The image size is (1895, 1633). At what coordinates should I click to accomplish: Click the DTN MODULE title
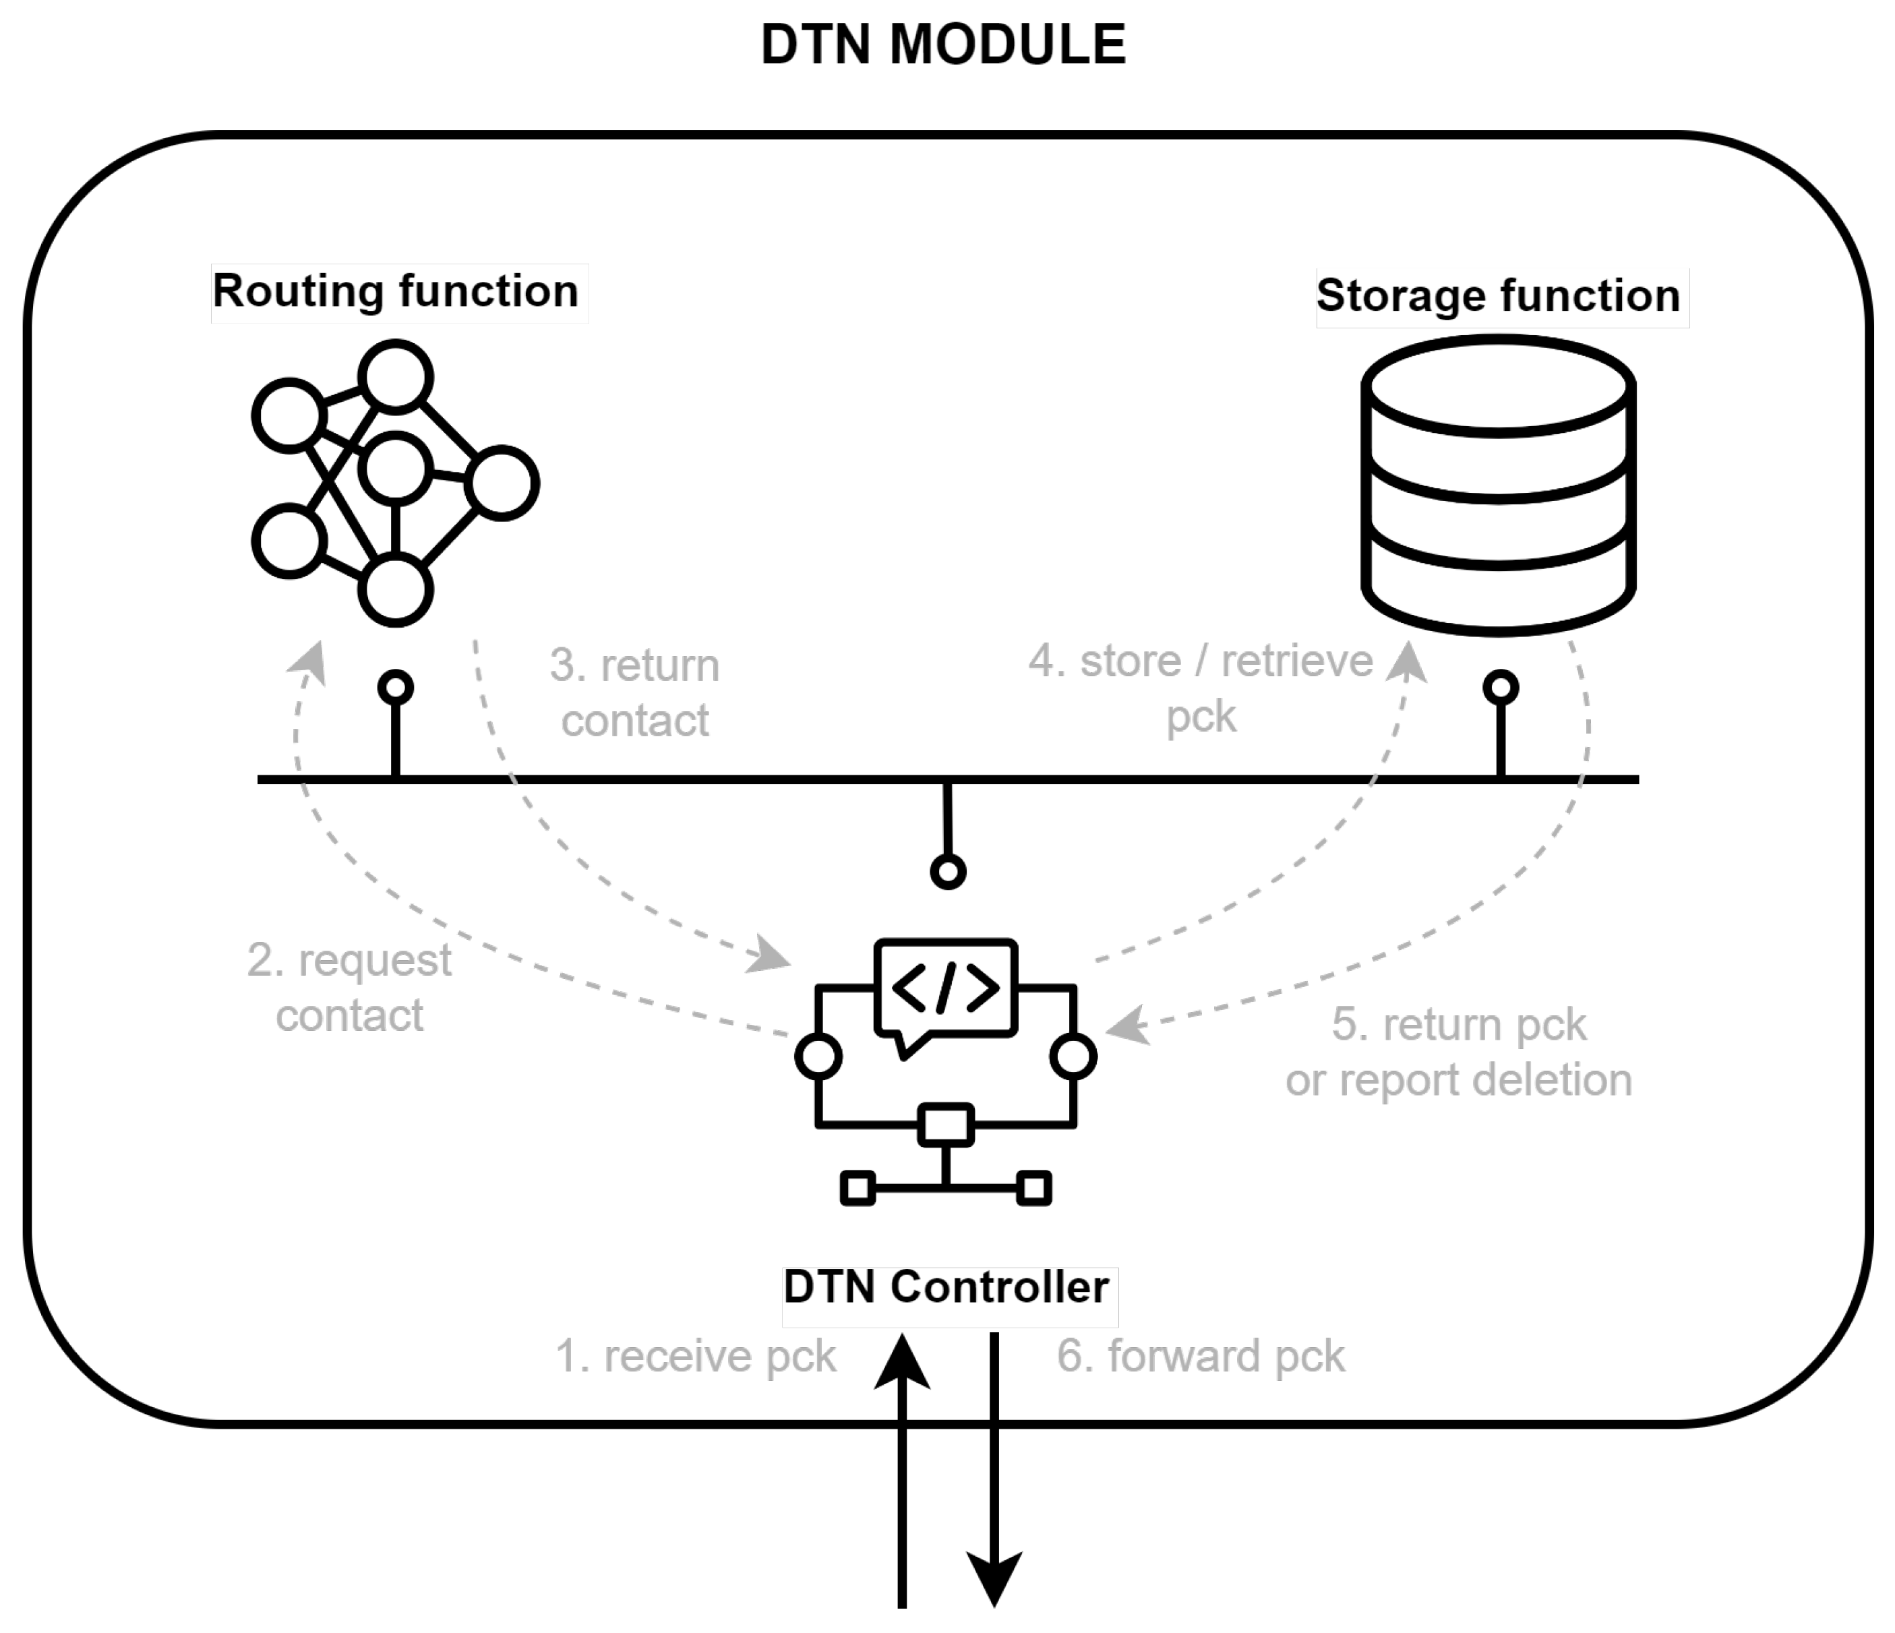click(x=943, y=44)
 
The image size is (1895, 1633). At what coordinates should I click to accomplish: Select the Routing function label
click(x=396, y=292)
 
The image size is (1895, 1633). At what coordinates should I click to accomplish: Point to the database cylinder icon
click(x=1498, y=485)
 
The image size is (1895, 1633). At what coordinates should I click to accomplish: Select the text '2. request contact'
click(x=349, y=988)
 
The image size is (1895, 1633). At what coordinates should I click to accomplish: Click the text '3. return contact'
click(x=635, y=692)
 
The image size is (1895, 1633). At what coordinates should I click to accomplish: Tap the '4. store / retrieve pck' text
click(x=1201, y=688)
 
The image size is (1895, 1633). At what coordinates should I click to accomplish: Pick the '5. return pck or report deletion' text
click(x=1459, y=1052)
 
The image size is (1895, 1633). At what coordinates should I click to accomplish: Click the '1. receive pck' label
click(x=695, y=1357)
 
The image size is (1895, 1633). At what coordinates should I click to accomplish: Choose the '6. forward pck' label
click(x=1201, y=1357)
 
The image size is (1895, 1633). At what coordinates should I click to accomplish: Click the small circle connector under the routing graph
click(x=396, y=688)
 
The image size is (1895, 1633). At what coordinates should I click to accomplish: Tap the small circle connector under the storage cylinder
click(x=1501, y=688)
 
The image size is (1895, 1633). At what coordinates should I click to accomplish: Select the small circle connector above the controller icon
click(x=949, y=872)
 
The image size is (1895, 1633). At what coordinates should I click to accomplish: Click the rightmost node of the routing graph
click(x=501, y=483)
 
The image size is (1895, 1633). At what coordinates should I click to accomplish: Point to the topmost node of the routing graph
click(x=395, y=377)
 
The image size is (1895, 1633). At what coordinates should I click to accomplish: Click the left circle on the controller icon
click(x=818, y=1057)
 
